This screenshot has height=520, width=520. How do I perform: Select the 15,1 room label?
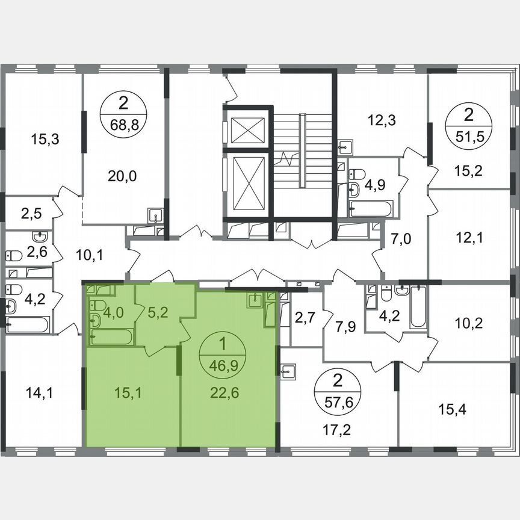coord(129,392)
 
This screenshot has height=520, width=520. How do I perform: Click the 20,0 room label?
coord(123,176)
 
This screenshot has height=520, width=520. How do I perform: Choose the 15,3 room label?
coord(44,140)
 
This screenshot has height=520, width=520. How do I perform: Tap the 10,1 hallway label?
coord(89,256)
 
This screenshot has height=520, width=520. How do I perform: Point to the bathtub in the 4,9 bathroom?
coord(371,209)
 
